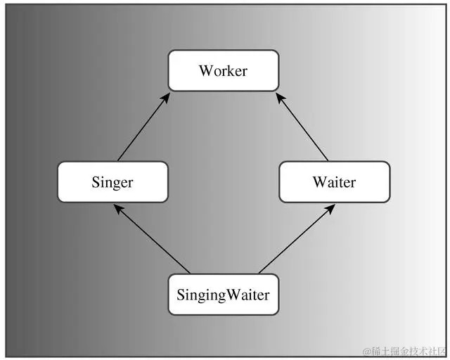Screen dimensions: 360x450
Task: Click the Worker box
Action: pyautogui.click(x=223, y=70)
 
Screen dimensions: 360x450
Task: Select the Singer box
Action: pyautogui.click(x=112, y=182)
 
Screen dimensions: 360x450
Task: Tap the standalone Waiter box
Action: pyautogui.click(x=334, y=182)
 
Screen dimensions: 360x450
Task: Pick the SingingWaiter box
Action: pyautogui.click(x=223, y=295)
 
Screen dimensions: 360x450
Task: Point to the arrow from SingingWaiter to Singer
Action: pyautogui.click(x=151, y=239)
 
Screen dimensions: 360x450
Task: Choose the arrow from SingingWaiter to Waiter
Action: pyautogui.click(x=295, y=239)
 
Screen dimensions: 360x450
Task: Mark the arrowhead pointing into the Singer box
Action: pyautogui.click(x=117, y=208)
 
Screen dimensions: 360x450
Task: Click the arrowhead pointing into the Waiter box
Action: pyautogui.click(x=330, y=208)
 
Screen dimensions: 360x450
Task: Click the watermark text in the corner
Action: pyautogui.click(x=404, y=350)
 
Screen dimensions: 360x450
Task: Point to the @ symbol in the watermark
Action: pyautogui.click(x=366, y=350)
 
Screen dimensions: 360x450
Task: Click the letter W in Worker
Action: pyautogui.click(x=205, y=71)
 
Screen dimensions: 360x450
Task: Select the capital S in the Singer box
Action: pyautogui.click(x=96, y=183)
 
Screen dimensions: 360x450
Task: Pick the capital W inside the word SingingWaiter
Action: pyautogui.click(x=233, y=295)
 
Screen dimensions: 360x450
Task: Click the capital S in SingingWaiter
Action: pyautogui.click(x=181, y=295)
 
